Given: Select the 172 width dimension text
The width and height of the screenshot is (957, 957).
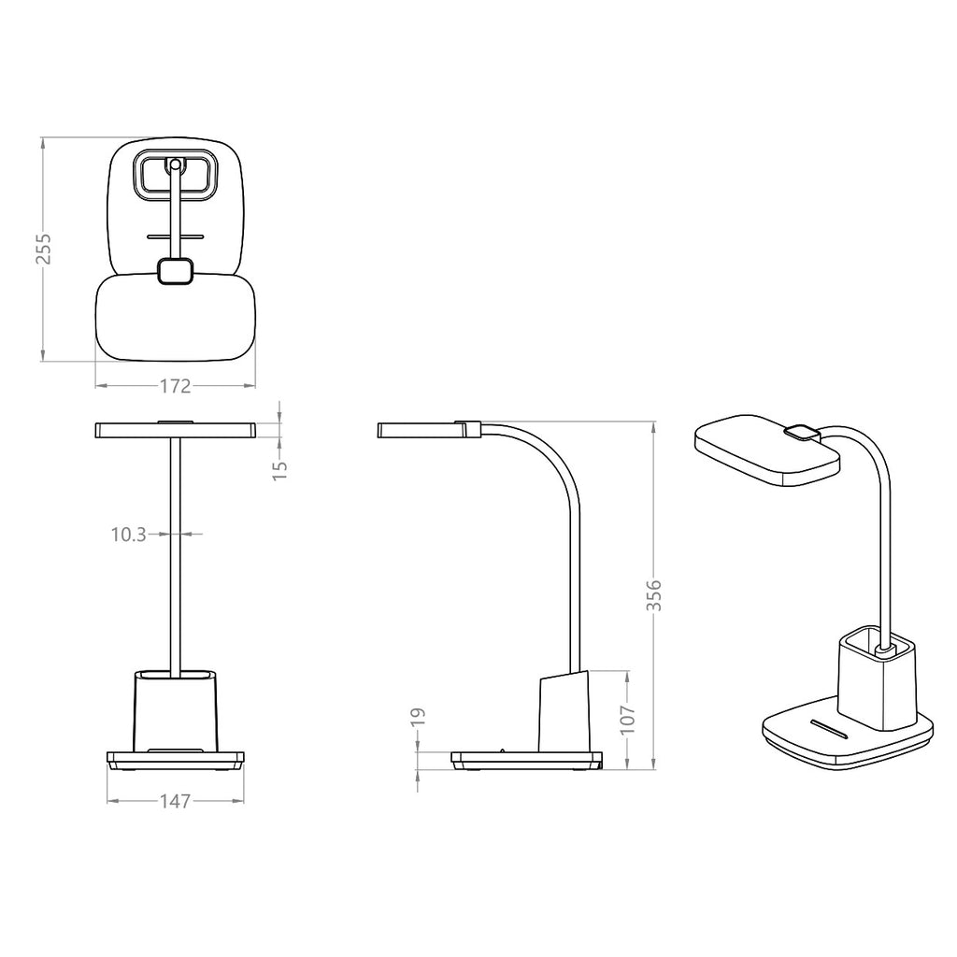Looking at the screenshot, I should (x=176, y=385).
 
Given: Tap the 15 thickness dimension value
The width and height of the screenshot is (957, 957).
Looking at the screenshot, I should (x=279, y=468).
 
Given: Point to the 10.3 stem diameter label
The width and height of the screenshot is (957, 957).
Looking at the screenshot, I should (x=128, y=535).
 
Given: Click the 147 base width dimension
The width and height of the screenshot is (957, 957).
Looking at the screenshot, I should (x=176, y=801).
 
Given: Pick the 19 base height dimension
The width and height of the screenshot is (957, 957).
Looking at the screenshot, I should (x=419, y=716).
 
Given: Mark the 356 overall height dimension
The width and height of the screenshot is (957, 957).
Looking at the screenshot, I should (x=654, y=595).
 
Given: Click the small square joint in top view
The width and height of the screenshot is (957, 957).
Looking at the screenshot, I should (x=175, y=271).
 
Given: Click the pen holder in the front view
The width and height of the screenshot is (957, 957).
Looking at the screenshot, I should (x=176, y=710).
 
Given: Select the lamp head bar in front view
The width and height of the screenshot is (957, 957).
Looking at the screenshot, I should (x=176, y=430).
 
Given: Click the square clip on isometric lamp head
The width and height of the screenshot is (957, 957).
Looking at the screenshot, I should (x=800, y=432).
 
